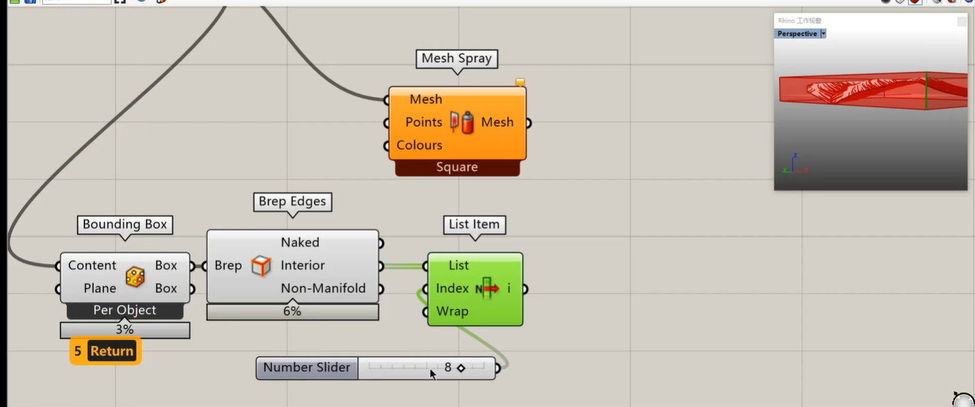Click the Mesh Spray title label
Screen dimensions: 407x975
[456, 59]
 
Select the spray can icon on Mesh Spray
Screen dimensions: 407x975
[463, 123]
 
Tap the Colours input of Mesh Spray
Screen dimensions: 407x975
[419, 145]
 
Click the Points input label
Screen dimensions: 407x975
[423, 122]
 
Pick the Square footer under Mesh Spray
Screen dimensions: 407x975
[456, 168]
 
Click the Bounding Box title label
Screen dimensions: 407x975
[125, 224]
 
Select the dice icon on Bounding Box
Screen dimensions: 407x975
[135, 277]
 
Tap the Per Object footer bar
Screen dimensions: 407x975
[125, 311]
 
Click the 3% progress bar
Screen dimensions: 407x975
[125, 330]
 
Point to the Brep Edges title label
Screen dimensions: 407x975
[292, 201]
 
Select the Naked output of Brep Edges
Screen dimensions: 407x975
[300, 243]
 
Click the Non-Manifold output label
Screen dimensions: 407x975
[323, 288]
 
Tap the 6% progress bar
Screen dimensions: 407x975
[292, 312]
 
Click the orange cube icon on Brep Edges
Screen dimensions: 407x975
[261, 266]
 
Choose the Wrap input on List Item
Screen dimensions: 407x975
[452, 312]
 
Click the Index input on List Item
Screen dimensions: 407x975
[452, 288]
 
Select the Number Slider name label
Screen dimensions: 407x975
[307, 367]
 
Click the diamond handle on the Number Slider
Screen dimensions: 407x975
[461, 368]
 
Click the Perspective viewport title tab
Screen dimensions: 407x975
[797, 33]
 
